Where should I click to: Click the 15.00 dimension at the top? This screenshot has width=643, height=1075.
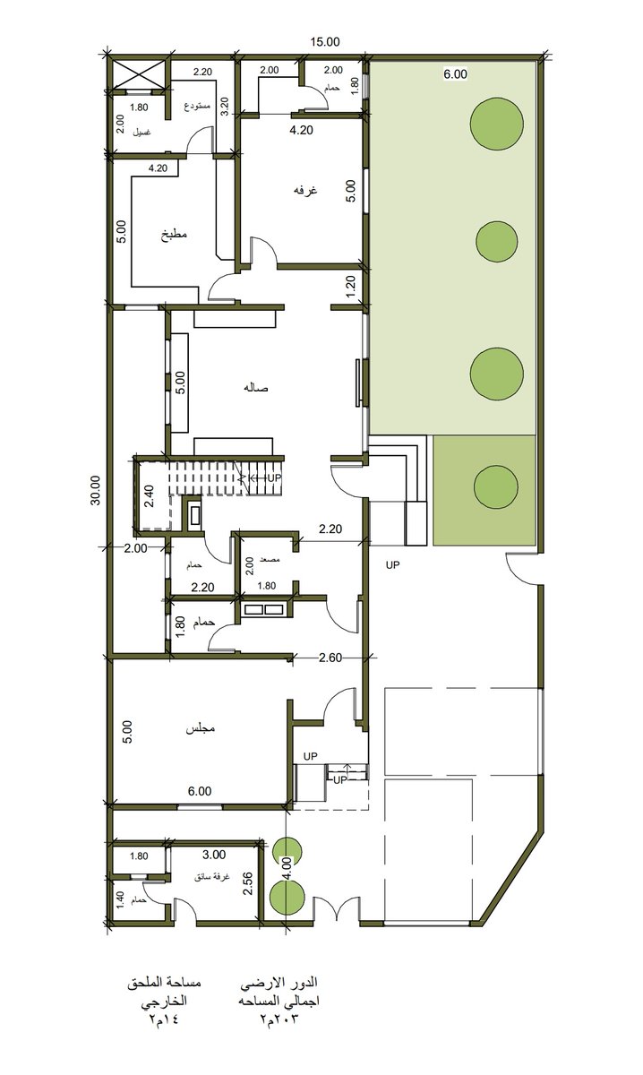coord(325,41)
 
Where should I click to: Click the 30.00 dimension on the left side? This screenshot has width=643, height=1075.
coord(95,490)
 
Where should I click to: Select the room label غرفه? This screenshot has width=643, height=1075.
coord(301,191)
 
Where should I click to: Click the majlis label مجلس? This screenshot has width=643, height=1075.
coord(199,729)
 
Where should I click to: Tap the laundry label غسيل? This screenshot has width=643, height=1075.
coord(141,132)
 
